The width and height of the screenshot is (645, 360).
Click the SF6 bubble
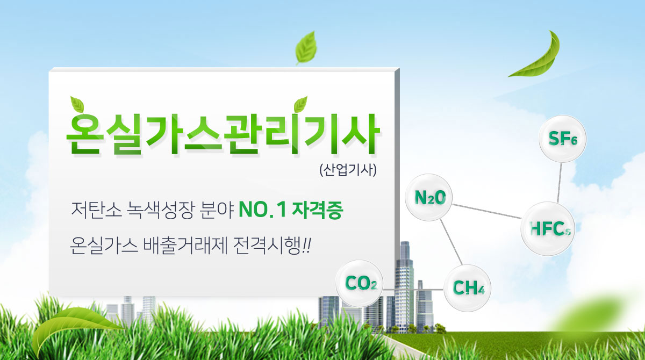pyautogui.click(x=562, y=139)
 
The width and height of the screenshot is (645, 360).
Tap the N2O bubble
pyautogui.click(x=429, y=197)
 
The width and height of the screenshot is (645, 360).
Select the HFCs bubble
pyautogui.click(x=548, y=228)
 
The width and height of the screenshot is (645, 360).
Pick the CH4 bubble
pyautogui.click(x=467, y=288)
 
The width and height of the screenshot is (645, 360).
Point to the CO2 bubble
pyautogui.click(x=360, y=283)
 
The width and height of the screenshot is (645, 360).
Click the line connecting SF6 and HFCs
pyautogui.click(x=560, y=183)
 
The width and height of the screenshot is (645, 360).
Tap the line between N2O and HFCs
pyautogui.click(x=487, y=212)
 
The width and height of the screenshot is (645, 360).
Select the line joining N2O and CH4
pyautogui.click(x=451, y=242)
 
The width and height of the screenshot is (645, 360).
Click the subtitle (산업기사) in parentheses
pyautogui.click(x=348, y=170)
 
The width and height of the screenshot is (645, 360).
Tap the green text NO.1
pyautogui.click(x=262, y=210)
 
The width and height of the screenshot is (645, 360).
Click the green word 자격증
pyautogui.click(x=318, y=210)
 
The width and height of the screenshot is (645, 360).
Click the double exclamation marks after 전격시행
pyautogui.click(x=307, y=246)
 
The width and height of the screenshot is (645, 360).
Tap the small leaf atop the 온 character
pyautogui.click(x=77, y=104)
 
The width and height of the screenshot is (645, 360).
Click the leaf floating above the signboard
pyautogui.click(x=306, y=48)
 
